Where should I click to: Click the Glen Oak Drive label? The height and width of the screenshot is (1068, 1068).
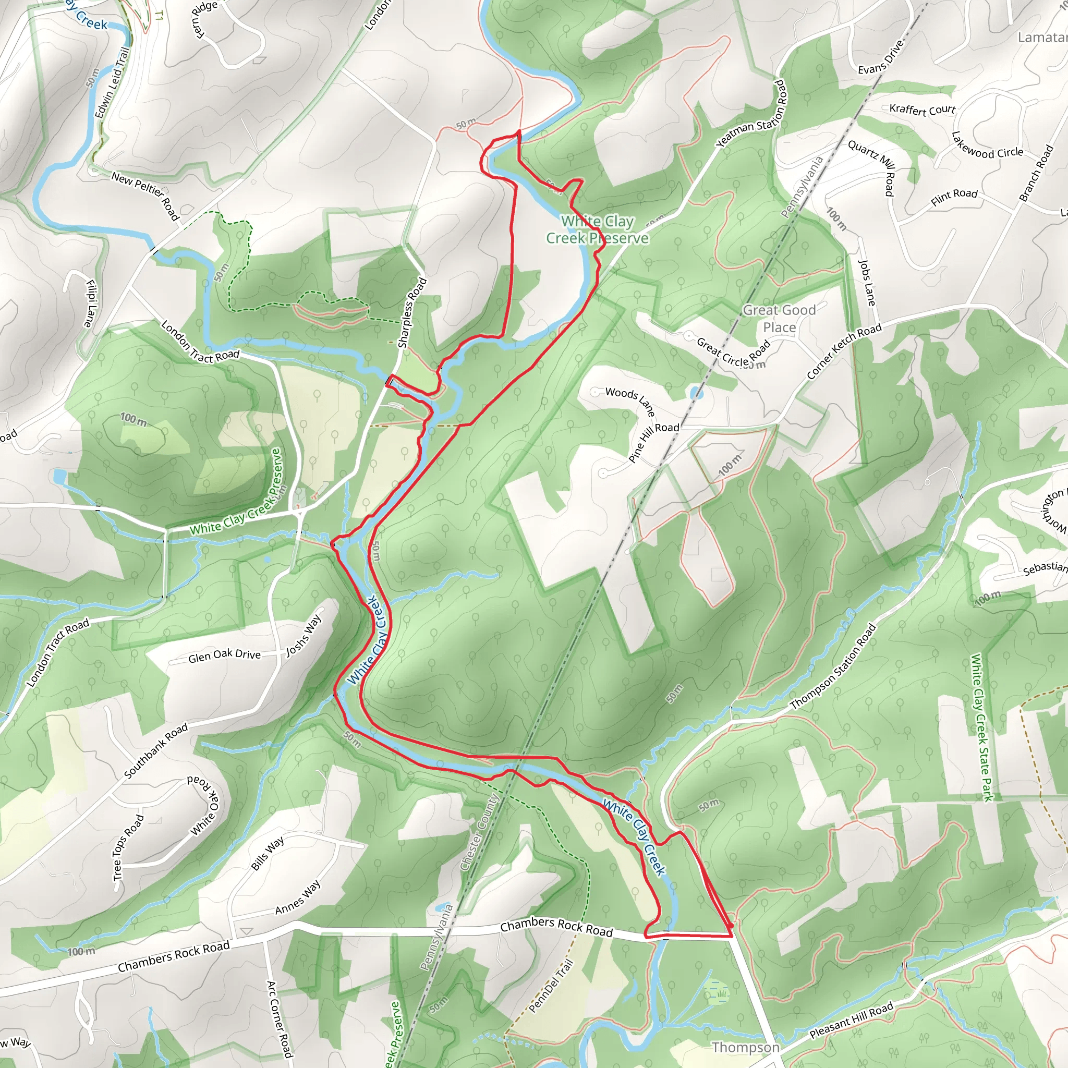pos(224,655)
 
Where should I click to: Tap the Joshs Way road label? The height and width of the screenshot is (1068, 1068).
pos(303,636)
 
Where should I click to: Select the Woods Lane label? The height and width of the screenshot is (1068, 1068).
pos(630,399)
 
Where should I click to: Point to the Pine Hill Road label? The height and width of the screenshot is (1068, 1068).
pos(653,442)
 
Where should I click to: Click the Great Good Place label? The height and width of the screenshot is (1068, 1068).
pos(779,319)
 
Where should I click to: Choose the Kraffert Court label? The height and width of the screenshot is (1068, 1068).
pos(922,110)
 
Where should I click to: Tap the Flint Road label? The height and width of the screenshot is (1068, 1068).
pos(954,196)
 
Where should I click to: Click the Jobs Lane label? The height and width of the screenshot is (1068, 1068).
pos(866,283)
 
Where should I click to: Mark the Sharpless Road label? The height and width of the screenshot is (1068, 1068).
pos(412,312)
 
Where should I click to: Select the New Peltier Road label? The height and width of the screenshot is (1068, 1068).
pos(145,195)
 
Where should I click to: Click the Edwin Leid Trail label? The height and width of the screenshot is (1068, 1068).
pos(112,82)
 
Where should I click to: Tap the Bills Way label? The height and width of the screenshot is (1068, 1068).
pos(268,853)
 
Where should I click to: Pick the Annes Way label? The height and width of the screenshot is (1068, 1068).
pos(297,897)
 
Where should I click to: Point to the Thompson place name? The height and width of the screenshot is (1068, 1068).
pos(745,1047)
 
